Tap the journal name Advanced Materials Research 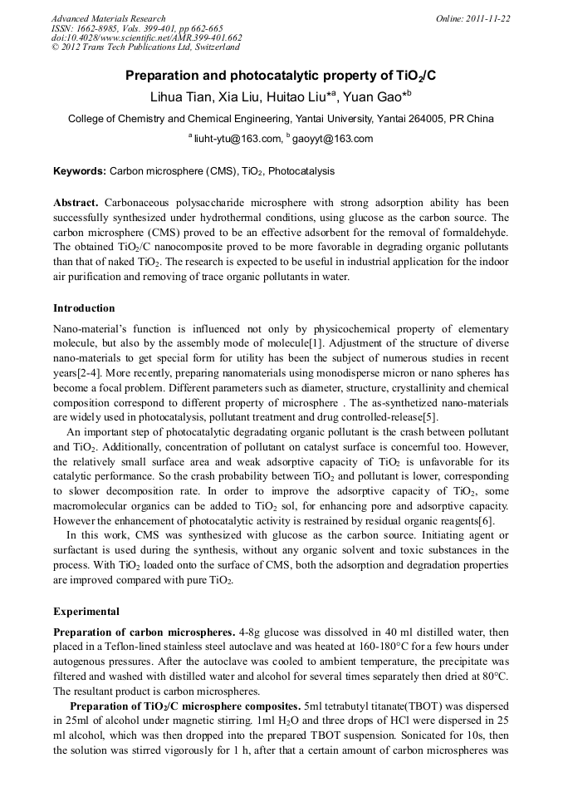(108, 17)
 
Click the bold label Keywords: (80, 171)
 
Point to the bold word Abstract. (76, 203)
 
